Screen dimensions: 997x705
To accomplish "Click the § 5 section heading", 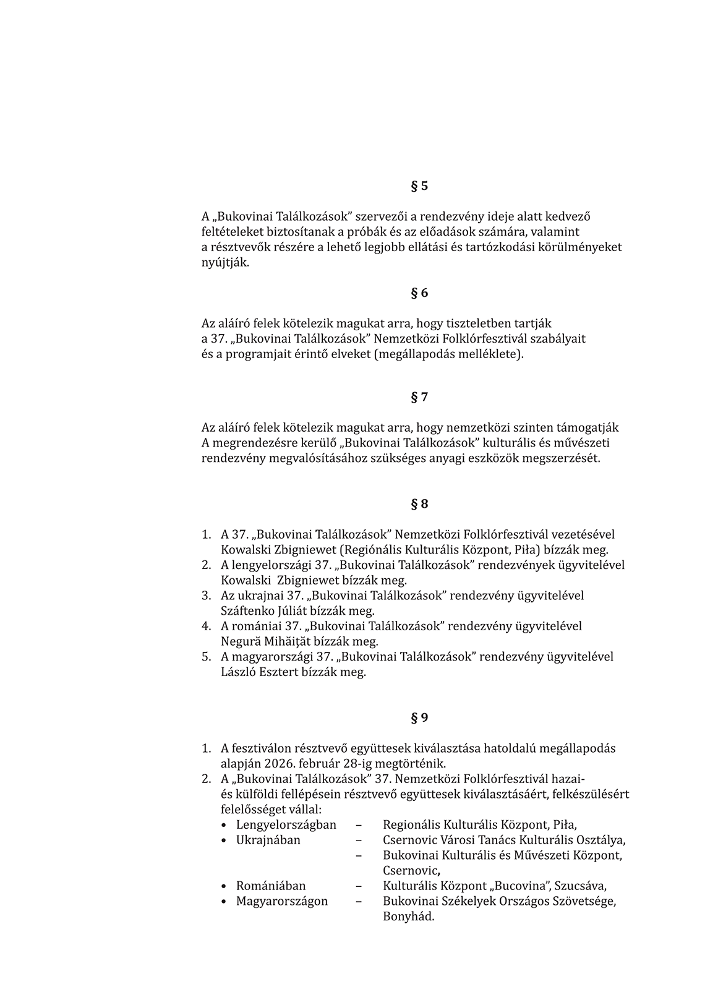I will pos(419,186).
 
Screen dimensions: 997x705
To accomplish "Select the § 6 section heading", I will pos(419,293).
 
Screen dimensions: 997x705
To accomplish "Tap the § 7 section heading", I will pos(419,398).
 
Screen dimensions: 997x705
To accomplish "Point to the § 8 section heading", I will pos(419,504).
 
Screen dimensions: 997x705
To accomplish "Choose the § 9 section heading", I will pos(419,718).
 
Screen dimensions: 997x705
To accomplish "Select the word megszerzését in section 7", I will pos(561,459).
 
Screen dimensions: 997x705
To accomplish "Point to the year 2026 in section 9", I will pos(282,764).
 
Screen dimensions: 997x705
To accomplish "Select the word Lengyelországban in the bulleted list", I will pos(286,825).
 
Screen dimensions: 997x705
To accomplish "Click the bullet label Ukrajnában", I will pos(268,841).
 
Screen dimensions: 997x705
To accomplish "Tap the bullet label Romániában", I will pos(271,886).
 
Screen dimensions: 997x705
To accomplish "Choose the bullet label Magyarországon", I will pos(282,901).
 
